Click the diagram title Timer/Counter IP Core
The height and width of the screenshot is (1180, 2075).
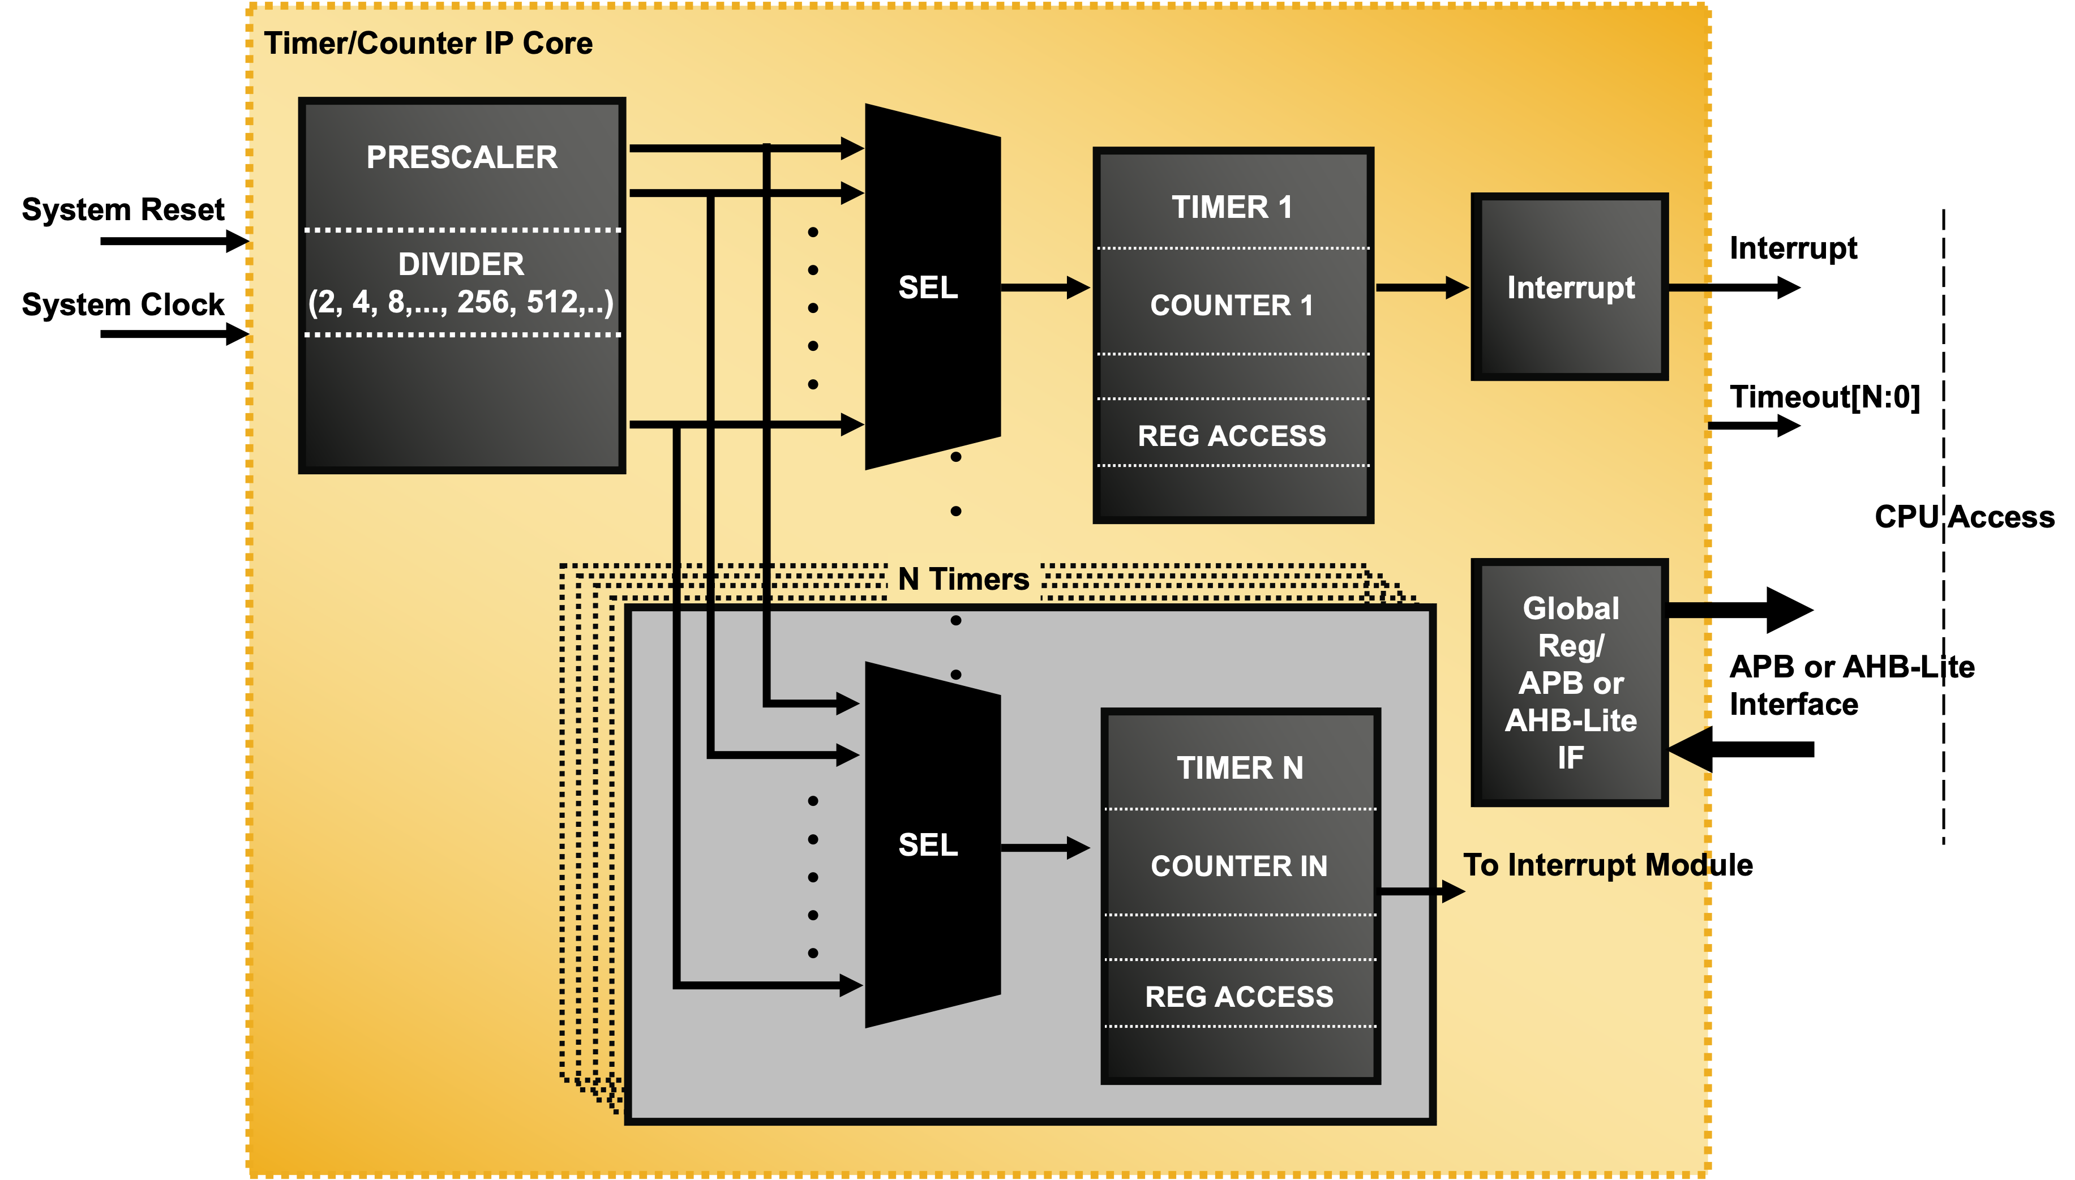(428, 44)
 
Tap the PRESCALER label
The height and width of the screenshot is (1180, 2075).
(462, 157)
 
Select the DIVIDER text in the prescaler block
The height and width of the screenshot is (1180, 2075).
(461, 264)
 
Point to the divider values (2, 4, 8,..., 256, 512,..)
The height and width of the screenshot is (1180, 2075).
(461, 302)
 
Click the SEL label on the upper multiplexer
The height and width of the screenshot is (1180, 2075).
(928, 288)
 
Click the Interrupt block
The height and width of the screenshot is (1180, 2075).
(1570, 288)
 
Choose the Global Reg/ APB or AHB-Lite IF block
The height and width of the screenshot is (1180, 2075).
(1570, 683)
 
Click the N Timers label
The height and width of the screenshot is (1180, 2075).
(964, 580)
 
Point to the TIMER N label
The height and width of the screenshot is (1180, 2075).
(1240, 767)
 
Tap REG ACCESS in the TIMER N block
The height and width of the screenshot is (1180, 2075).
(1240, 997)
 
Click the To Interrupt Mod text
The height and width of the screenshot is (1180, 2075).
(1585, 865)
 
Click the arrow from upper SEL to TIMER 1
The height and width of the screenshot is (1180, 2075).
(1045, 288)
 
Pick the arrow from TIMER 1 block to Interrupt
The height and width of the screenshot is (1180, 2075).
(1422, 288)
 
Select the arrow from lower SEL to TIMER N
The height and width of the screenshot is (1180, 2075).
(1045, 848)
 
